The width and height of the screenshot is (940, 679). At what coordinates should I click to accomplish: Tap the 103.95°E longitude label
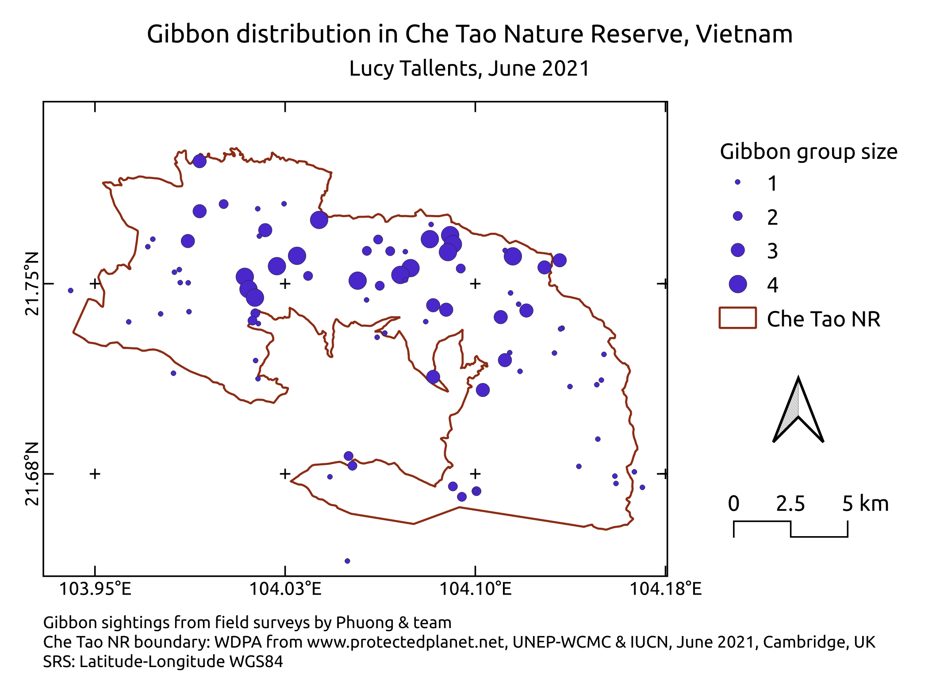(x=95, y=589)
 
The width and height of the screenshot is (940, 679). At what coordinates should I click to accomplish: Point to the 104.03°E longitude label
(x=285, y=589)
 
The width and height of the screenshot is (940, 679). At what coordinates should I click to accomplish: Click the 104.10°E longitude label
(x=475, y=589)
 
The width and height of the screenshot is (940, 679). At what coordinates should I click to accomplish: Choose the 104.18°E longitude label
(x=665, y=589)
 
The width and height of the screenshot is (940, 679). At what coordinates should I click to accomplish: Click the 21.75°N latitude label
(x=32, y=284)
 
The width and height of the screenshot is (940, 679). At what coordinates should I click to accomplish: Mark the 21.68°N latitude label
(x=32, y=474)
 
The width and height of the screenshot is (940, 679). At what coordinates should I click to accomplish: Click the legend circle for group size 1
(x=737, y=182)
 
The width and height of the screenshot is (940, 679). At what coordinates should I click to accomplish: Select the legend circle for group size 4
(x=738, y=284)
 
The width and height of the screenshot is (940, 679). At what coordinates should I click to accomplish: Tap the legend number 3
(x=772, y=251)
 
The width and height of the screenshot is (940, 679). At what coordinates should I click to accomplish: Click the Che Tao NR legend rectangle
(x=737, y=318)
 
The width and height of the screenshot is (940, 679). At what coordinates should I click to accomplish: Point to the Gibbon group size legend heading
(x=808, y=151)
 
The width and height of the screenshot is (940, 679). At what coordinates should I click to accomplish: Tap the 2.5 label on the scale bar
(x=790, y=503)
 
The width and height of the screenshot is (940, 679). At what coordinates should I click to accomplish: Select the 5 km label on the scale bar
(x=865, y=503)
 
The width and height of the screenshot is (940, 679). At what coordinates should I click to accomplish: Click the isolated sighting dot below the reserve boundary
(x=347, y=561)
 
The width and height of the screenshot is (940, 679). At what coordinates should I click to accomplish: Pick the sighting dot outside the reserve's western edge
(x=70, y=291)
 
